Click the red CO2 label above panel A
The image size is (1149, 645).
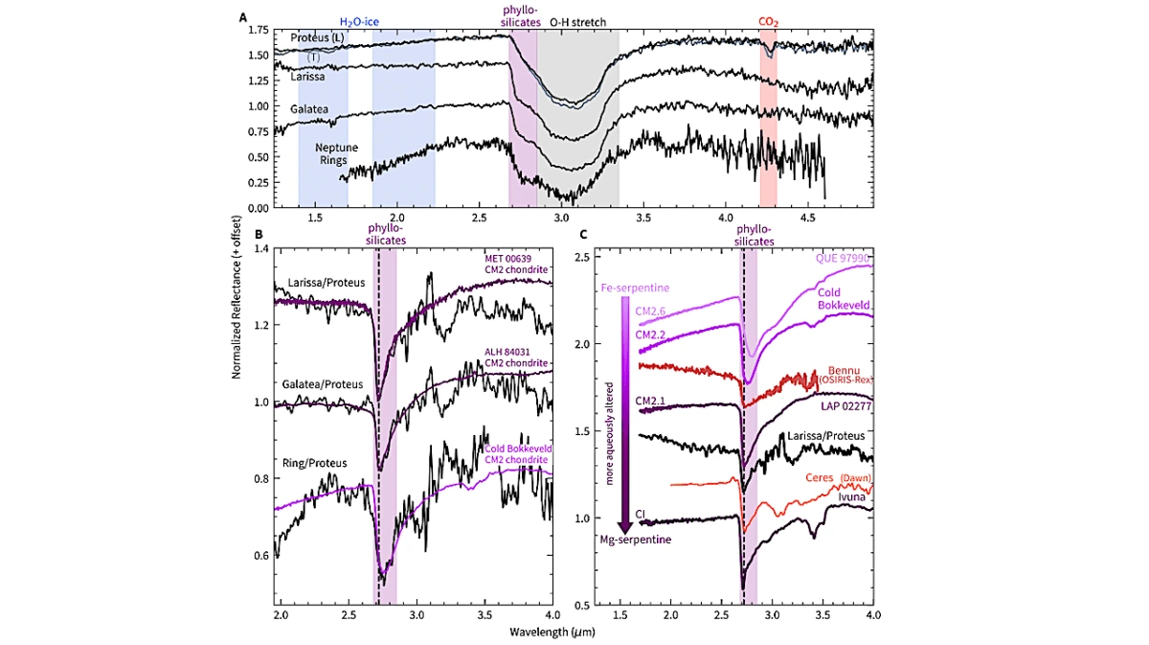click(x=768, y=22)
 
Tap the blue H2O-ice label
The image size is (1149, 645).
click(x=359, y=22)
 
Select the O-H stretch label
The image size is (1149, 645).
click(x=577, y=22)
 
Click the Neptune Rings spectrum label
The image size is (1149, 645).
click(x=336, y=153)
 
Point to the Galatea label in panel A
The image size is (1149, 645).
click(x=308, y=109)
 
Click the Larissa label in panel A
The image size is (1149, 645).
click(x=307, y=77)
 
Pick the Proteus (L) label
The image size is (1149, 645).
click(x=317, y=37)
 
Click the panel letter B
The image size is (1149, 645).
click(x=259, y=234)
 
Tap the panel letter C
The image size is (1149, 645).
click(x=583, y=234)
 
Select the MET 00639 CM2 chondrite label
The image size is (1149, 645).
click(x=516, y=264)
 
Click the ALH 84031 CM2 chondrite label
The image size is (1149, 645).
click(x=516, y=357)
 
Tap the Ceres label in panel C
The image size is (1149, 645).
click(x=820, y=477)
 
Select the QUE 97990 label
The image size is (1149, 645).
click(x=844, y=258)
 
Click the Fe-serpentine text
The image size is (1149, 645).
click(x=635, y=288)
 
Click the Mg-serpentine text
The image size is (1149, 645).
click(x=636, y=540)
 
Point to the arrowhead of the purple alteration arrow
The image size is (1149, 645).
click(x=624, y=528)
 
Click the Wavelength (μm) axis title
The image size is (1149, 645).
click(x=552, y=633)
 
